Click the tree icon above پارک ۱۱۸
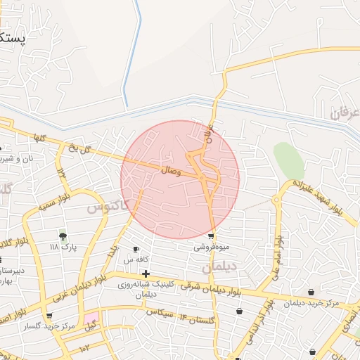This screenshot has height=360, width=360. pos(63,236)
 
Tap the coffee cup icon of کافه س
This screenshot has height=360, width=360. pos(136,249)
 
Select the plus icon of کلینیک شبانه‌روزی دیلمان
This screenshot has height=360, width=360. pos(146,273)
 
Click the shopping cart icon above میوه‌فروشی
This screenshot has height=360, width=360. pos(211,236)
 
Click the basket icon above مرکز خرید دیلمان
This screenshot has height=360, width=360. pos(311,291)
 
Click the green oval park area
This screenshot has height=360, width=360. pos(288,160)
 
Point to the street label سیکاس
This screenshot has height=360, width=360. pos(160,314)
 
